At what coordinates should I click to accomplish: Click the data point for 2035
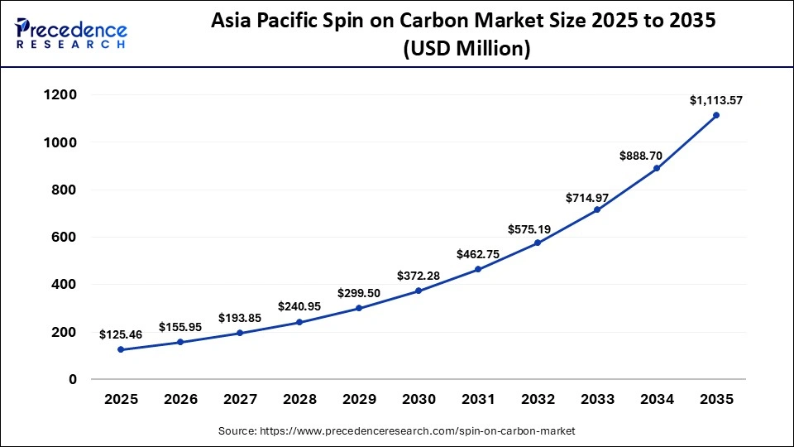(x=716, y=115)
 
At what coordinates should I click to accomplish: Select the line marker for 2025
(x=121, y=349)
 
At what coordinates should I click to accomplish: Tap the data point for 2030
(x=419, y=291)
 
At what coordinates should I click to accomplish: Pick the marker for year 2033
(x=597, y=209)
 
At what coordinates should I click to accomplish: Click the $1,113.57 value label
(x=716, y=100)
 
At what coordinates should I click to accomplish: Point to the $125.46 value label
(x=121, y=334)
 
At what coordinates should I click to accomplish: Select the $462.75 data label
(x=478, y=254)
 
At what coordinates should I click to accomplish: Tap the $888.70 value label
(x=657, y=155)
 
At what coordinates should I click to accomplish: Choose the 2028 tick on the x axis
(x=299, y=399)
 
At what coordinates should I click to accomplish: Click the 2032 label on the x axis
(x=538, y=399)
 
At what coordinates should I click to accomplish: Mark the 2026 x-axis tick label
(x=180, y=399)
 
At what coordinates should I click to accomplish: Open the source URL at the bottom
(x=397, y=431)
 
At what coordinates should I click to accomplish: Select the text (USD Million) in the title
(x=466, y=49)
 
